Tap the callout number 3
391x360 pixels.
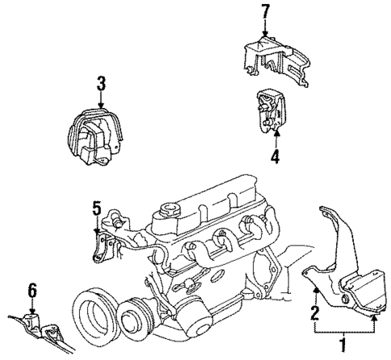click(x=100, y=83)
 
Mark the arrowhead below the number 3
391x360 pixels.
click(x=100, y=106)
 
